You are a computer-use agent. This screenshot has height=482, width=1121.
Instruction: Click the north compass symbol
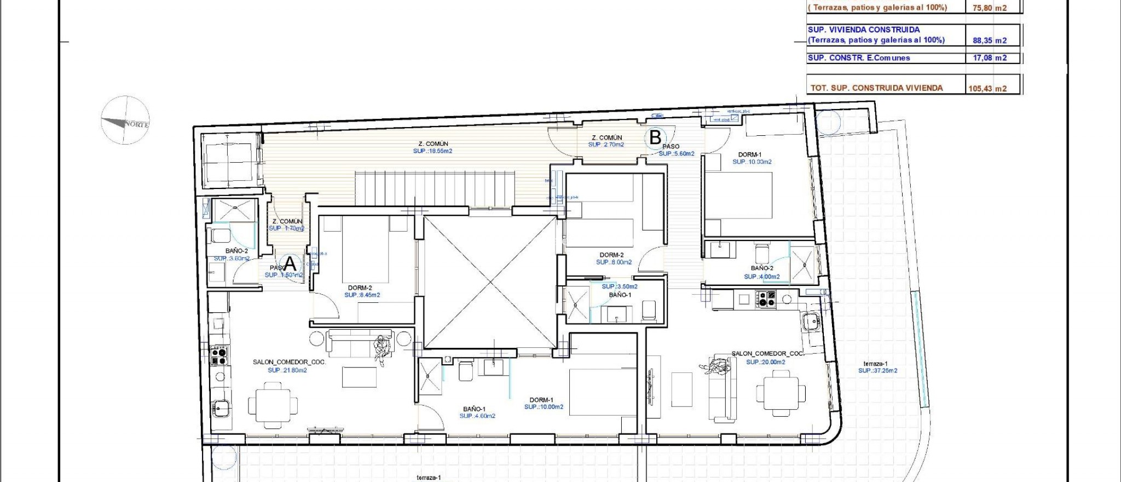125,120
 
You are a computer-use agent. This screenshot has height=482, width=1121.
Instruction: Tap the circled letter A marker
290,263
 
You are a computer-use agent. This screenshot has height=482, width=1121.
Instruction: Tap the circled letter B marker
655,137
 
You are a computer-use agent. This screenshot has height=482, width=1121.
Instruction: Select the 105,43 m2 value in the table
987,88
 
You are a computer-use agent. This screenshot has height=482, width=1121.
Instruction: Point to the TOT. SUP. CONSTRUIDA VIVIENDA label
876,88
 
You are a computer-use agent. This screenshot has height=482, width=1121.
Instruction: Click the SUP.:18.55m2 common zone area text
432,151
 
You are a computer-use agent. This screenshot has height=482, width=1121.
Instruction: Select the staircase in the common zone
435,188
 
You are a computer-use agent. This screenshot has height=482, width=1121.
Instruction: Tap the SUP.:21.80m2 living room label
287,370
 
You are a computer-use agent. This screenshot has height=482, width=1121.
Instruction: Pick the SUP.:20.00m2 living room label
765,362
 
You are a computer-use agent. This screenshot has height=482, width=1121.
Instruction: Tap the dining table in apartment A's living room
273,405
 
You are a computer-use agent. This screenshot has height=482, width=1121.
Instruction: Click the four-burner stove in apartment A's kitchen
219,355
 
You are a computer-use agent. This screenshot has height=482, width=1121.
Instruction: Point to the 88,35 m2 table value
989,40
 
